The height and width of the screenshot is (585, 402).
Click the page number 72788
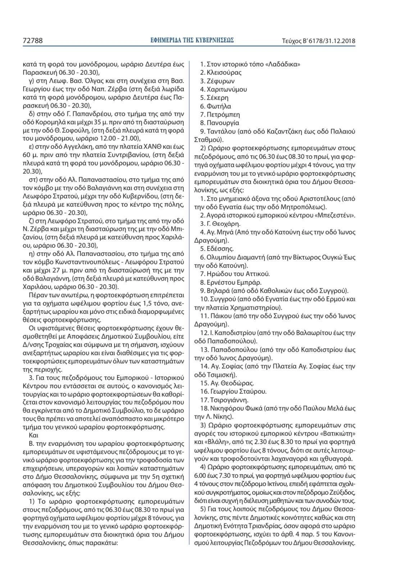point(32,41)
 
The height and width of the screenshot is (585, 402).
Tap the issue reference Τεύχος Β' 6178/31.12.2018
point(319,41)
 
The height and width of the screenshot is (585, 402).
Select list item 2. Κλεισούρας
point(221,72)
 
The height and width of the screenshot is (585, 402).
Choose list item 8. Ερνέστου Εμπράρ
point(231,282)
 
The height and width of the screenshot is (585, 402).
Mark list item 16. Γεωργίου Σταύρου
point(233,392)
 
